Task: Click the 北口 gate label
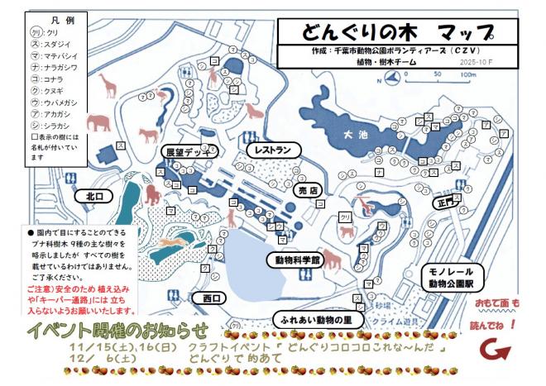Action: click(93, 197)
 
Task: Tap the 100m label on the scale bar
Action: click(469, 74)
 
